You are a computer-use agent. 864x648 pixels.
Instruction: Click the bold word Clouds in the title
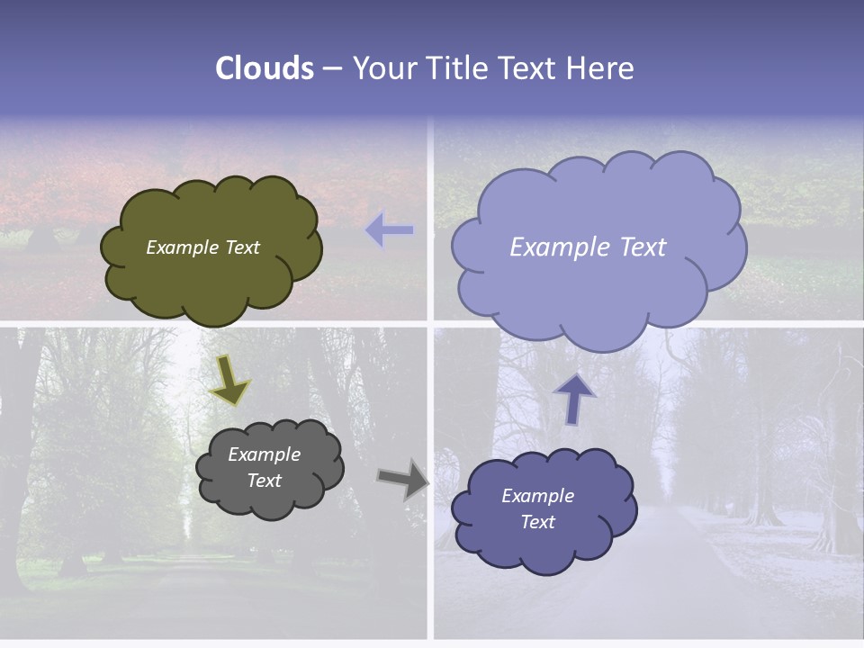265,68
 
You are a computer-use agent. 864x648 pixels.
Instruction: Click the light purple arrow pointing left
390,231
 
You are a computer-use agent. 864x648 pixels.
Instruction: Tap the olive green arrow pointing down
229,378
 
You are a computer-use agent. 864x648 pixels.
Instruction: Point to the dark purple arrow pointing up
574,399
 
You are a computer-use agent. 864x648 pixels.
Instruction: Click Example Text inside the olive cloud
202,247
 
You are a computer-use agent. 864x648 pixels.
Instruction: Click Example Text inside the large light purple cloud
588,247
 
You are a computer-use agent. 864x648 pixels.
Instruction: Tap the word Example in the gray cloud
264,454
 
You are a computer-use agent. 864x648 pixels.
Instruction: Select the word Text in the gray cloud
264,481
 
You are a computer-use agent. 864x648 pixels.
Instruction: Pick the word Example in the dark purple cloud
537,496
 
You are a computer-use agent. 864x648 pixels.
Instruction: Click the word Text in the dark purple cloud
537,522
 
